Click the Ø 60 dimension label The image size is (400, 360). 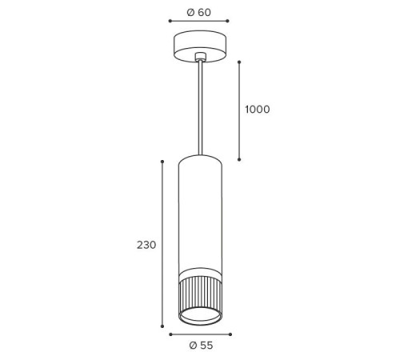tap(199, 12)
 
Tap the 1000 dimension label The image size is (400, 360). tap(258, 110)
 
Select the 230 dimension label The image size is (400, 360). tap(146, 245)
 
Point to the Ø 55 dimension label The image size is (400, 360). tap(201, 346)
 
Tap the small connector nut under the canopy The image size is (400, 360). tap(200, 57)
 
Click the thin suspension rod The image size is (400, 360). tap(200, 107)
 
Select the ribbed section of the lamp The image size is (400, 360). tap(200, 294)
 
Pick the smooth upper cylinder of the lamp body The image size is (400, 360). tap(200, 214)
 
